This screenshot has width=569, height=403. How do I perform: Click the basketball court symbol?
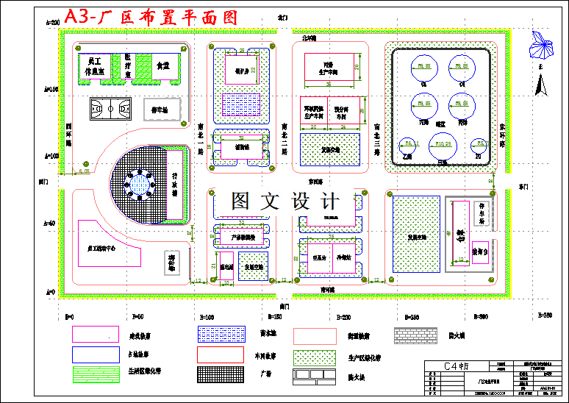click(110, 110)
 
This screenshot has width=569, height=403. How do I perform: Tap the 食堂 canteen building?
click(162, 65)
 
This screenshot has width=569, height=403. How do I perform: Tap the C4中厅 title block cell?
click(457, 365)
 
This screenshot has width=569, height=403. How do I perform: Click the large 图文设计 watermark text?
click(285, 201)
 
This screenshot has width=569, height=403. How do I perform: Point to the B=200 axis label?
click(343, 317)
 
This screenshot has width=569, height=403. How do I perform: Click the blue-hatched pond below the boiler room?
click(242, 101)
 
